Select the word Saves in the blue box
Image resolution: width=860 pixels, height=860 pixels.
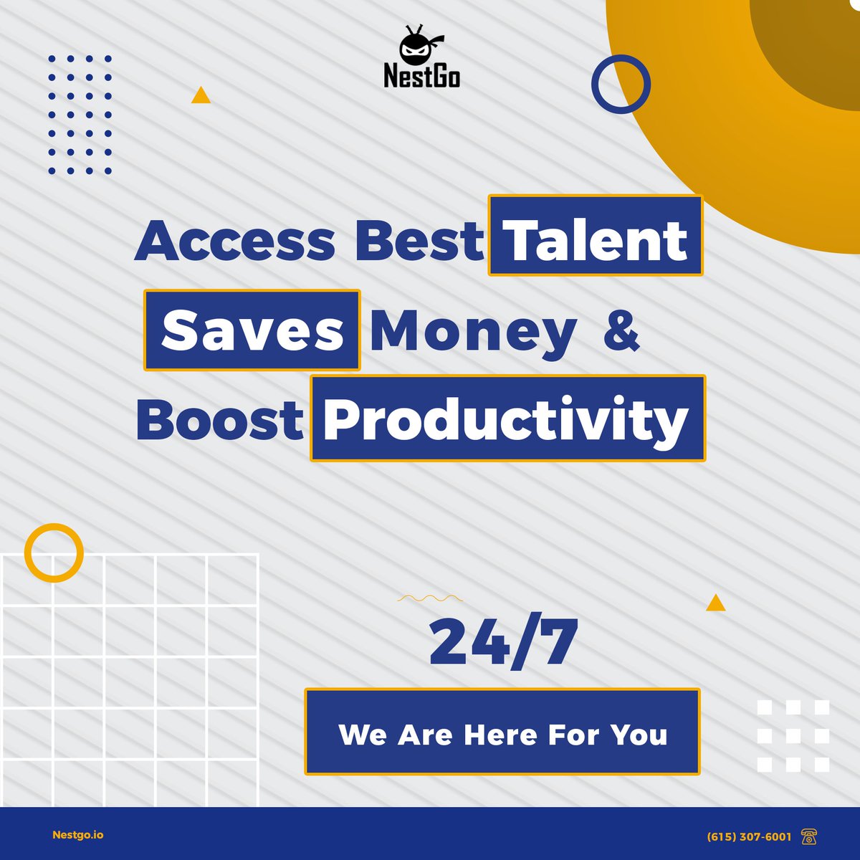tap(252, 330)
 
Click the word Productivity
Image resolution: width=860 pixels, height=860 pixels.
tap(507, 419)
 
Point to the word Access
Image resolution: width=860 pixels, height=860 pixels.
tap(234, 241)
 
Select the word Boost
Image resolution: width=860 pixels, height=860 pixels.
tap(220, 421)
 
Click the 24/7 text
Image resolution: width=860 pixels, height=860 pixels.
tap(503, 642)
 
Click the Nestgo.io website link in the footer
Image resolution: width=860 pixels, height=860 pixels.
tap(78, 835)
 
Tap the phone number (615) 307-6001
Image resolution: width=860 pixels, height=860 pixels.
tap(749, 836)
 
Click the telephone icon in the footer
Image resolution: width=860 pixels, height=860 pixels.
tap(809, 836)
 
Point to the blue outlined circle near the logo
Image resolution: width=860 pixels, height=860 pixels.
tap(621, 84)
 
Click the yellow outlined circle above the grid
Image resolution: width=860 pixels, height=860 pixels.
tap(54, 553)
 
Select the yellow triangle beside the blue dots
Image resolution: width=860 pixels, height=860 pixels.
tap(201, 96)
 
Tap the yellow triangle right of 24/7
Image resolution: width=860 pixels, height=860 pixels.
tap(715, 603)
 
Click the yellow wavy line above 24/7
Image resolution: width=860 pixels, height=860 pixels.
tap(430, 597)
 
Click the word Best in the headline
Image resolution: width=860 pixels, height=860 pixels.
tap(419, 241)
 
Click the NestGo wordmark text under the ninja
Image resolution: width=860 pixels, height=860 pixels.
tap(421, 75)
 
